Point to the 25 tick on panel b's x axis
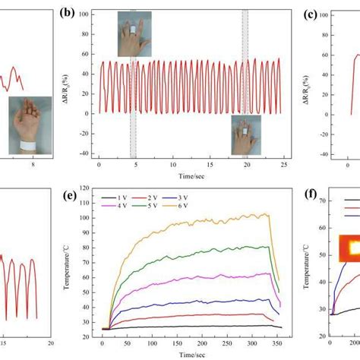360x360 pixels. point(282,165)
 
